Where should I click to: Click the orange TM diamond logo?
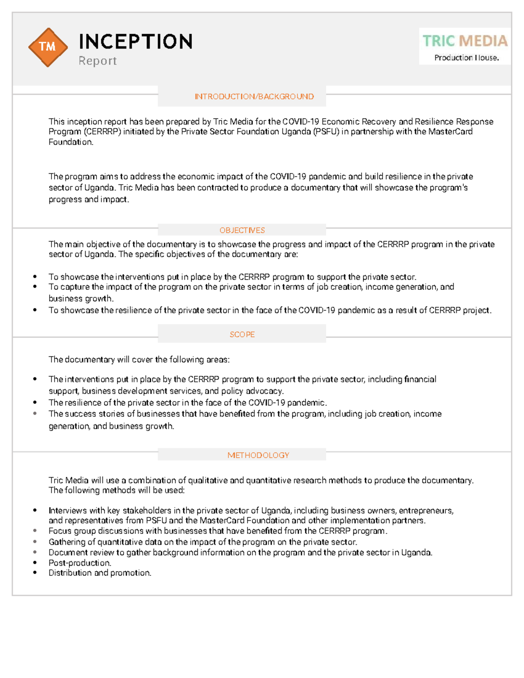tap(48, 47)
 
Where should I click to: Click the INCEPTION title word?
tap(135, 42)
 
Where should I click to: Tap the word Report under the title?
tap(97, 61)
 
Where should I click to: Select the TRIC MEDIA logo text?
tap(465, 41)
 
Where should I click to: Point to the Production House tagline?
tap(466, 58)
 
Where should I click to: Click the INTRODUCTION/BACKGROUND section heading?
tap(254, 96)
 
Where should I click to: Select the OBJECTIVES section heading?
tap(242, 230)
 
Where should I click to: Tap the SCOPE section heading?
tap(242, 334)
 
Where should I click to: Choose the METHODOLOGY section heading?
tap(258, 455)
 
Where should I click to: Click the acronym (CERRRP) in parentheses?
tap(102, 131)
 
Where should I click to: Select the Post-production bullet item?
tap(80, 563)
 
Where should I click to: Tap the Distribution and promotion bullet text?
tap(100, 573)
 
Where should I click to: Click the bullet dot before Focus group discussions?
tap(35, 531)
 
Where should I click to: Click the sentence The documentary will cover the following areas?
tap(139, 359)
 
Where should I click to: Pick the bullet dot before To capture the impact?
tap(35, 287)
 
